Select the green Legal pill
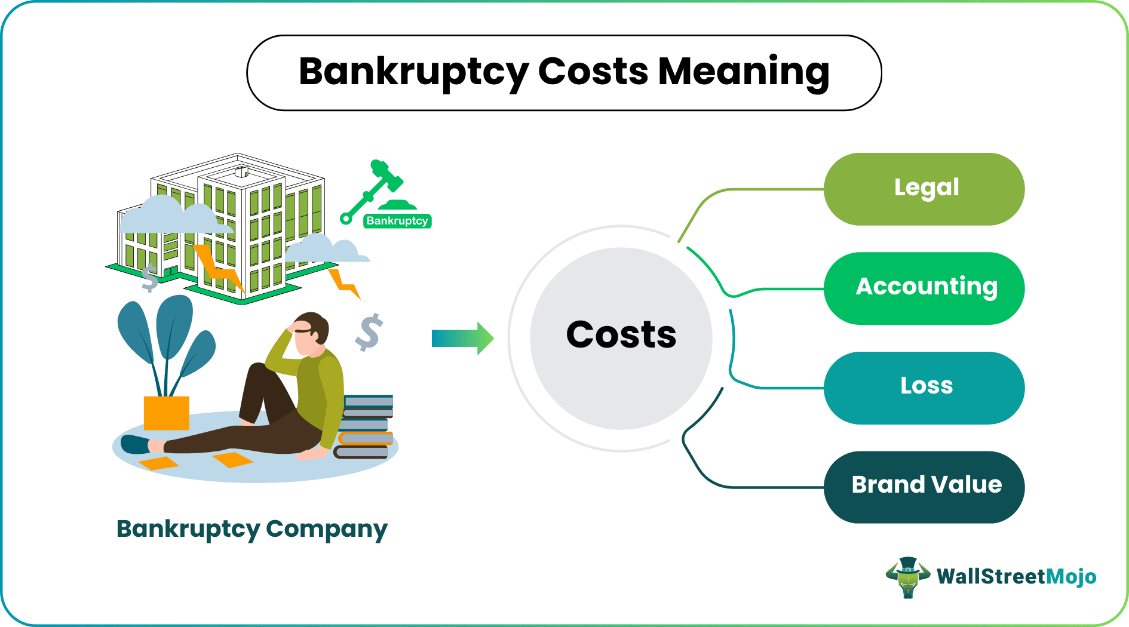(x=924, y=189)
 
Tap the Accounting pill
(x=924, y=288)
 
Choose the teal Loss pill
(x=924, y=387)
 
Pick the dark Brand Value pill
(x=924, y=486)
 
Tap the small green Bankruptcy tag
(x=397, y=221)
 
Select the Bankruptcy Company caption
(x=252, y=529)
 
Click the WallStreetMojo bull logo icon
(x=907, y=577)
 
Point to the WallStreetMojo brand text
(x=1016, y=577)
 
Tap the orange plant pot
(x=167, y=413)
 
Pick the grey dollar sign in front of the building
(x=150, y=278)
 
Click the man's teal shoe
(x=135, y=444)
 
